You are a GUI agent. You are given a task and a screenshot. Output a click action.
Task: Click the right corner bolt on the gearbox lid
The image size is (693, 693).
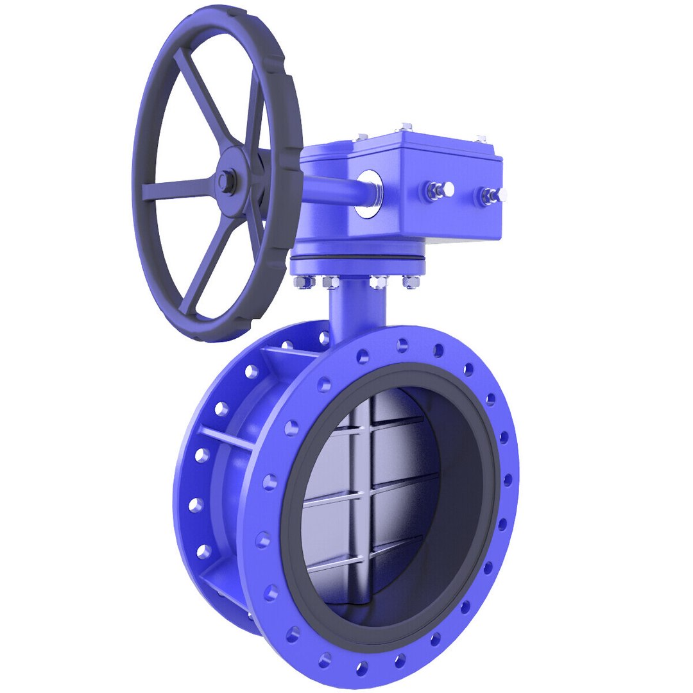480,139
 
